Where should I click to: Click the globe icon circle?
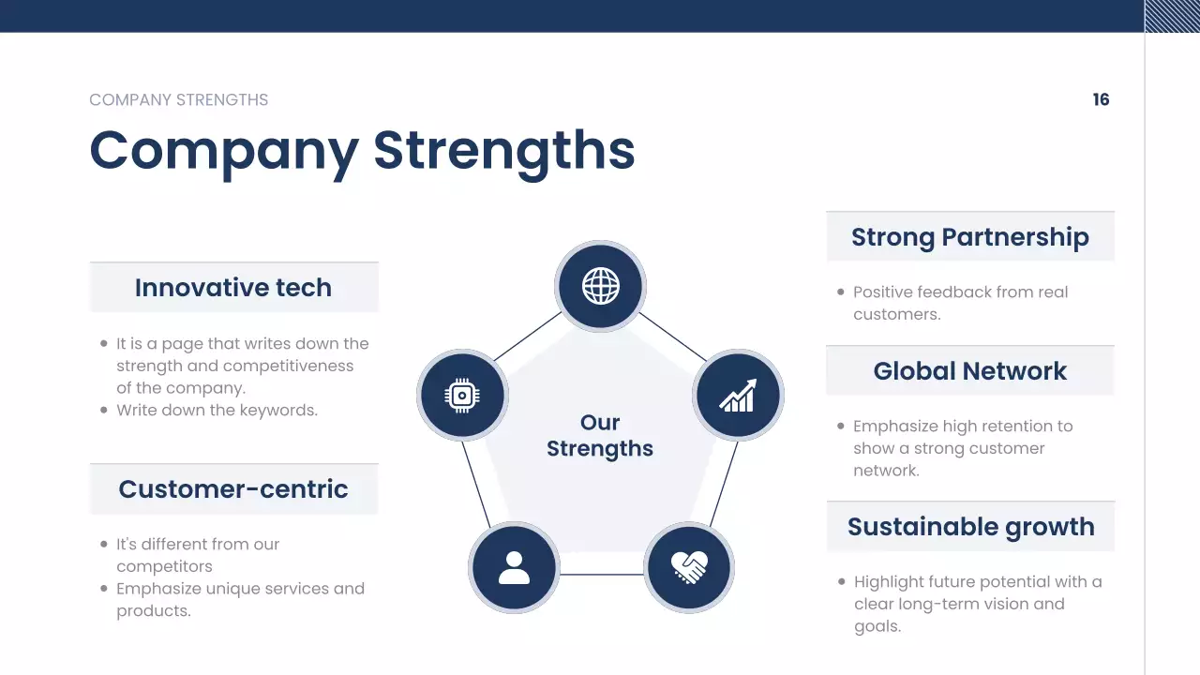coord(601,286)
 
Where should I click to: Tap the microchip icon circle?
coord(462,396)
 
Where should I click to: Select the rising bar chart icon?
coord(738,396)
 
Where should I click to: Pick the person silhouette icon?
coord(514,568)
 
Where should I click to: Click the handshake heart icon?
coord(689,568)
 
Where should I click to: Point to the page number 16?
coord(1101,99)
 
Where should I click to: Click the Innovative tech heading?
coord(233,288)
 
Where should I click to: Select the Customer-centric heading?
coord(233,489)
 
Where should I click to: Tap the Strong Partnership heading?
coord(970,237)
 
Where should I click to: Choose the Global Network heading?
coord(970,371)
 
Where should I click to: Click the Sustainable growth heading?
coord(970,527)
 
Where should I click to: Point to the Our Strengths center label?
coord(600,436)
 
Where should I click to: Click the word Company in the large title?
coord(224,152)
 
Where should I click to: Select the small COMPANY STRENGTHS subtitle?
coord(178,99)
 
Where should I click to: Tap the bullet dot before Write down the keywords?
coord(104,411)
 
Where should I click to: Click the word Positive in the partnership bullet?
coord(883,292)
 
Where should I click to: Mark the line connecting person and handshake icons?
coord(602,575)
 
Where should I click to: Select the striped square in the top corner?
coord(1172,16)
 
